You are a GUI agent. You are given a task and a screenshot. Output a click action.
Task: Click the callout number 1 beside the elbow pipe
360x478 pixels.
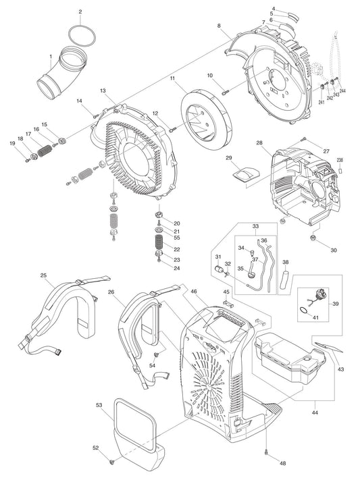(50, 56)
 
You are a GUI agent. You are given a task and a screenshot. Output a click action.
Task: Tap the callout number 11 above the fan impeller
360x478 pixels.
(173, 79)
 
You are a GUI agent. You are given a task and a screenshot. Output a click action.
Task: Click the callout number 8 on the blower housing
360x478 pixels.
(219, 26)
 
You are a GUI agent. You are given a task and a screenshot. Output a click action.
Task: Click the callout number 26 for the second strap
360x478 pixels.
(111, 292)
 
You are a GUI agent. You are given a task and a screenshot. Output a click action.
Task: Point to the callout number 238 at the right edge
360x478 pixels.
(340, 160)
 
